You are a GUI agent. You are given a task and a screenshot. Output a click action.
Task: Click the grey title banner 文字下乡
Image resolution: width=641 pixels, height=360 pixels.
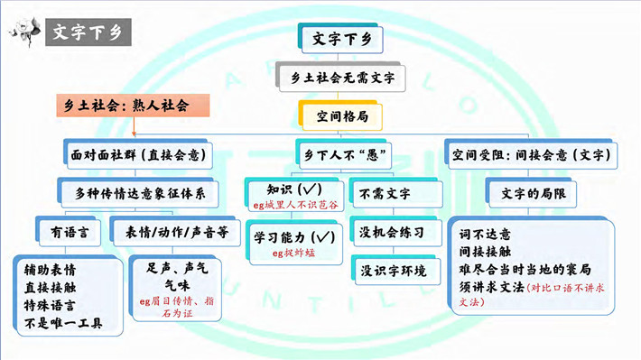(x=88, y=32)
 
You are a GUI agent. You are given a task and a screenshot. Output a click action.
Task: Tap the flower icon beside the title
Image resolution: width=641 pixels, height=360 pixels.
(x=24, y=32)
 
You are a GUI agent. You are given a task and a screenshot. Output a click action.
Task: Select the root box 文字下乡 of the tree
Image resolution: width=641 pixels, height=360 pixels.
(x=340, y=39)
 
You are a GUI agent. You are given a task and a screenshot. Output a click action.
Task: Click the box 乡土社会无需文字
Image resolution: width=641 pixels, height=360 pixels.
(x=340, y=77)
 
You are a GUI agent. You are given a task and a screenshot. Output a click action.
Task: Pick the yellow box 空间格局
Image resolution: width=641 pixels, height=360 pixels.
(x=340, y=116)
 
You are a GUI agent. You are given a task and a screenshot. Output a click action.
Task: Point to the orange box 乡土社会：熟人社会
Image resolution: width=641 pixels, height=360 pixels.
(x=133, y=106)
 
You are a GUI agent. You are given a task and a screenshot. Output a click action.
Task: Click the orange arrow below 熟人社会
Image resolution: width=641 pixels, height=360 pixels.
(x=135, y=126)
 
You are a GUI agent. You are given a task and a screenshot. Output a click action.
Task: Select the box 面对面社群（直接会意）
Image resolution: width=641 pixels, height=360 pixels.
(x=138, y=154)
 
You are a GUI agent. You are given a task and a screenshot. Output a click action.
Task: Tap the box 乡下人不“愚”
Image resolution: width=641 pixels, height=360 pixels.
(x=343, y=155)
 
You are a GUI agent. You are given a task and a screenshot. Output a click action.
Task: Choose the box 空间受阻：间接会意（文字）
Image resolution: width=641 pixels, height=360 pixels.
(x=531, y=154)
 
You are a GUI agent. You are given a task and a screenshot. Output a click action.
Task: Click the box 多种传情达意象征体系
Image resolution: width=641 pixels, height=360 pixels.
(x=138, y=193)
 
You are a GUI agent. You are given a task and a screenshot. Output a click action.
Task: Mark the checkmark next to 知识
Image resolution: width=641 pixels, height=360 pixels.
(x=310, y=189)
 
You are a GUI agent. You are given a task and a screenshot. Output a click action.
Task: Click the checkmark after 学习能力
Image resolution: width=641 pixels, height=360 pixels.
(x=323, y=236)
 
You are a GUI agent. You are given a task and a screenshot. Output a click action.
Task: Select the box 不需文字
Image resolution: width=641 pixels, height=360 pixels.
(x=395, y=193)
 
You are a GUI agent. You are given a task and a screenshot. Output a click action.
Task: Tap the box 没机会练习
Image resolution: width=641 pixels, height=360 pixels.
(x=395, y=232)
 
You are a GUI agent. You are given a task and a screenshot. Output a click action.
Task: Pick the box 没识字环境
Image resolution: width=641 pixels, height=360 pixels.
(x=395, y=270)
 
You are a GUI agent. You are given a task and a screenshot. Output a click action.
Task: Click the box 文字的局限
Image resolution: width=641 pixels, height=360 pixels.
(x=531, y=193)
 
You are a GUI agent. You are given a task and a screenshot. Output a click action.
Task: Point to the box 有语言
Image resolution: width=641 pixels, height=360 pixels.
(x=69, y=232)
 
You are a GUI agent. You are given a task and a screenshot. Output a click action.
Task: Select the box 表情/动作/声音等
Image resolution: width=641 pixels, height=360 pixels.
(x=175, y=232)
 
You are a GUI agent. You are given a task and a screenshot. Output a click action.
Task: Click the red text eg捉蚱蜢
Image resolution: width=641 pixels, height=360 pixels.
(x=293, y=253)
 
